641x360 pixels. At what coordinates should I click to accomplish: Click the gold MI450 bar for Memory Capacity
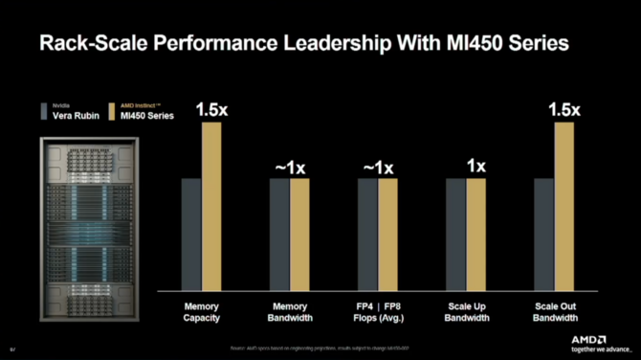211,206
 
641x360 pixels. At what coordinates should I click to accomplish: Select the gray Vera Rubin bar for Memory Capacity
191,234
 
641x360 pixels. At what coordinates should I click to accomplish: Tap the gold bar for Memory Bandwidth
299,234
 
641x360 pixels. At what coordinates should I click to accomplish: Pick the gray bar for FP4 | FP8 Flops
367,234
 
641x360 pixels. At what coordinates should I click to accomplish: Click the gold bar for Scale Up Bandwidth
476,234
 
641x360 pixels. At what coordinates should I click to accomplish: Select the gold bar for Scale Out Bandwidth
564,206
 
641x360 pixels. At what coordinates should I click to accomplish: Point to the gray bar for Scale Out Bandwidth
544,234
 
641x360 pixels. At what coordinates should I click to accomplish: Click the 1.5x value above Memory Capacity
210,109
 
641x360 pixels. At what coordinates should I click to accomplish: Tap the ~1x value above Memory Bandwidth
289,168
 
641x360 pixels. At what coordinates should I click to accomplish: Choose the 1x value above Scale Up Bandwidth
475,167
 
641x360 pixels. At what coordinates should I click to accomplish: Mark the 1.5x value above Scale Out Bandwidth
564,109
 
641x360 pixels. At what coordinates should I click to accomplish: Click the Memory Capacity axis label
202,312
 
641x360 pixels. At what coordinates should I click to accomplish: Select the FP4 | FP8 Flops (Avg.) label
378,312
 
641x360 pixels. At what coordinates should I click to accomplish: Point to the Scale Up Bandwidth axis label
466,312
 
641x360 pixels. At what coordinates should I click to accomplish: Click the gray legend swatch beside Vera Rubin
45,110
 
